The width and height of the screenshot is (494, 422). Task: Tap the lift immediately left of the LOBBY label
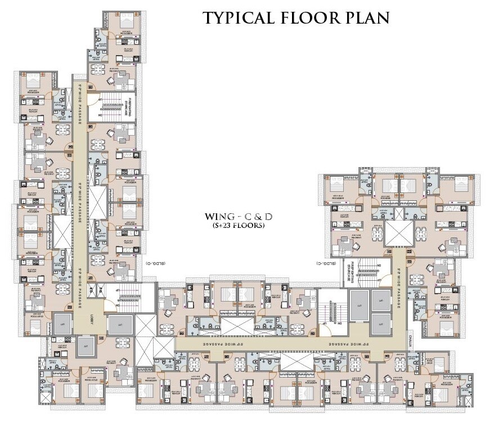click(x=61, y=325)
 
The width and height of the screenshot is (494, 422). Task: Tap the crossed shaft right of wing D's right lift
click(x=144, y=327)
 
